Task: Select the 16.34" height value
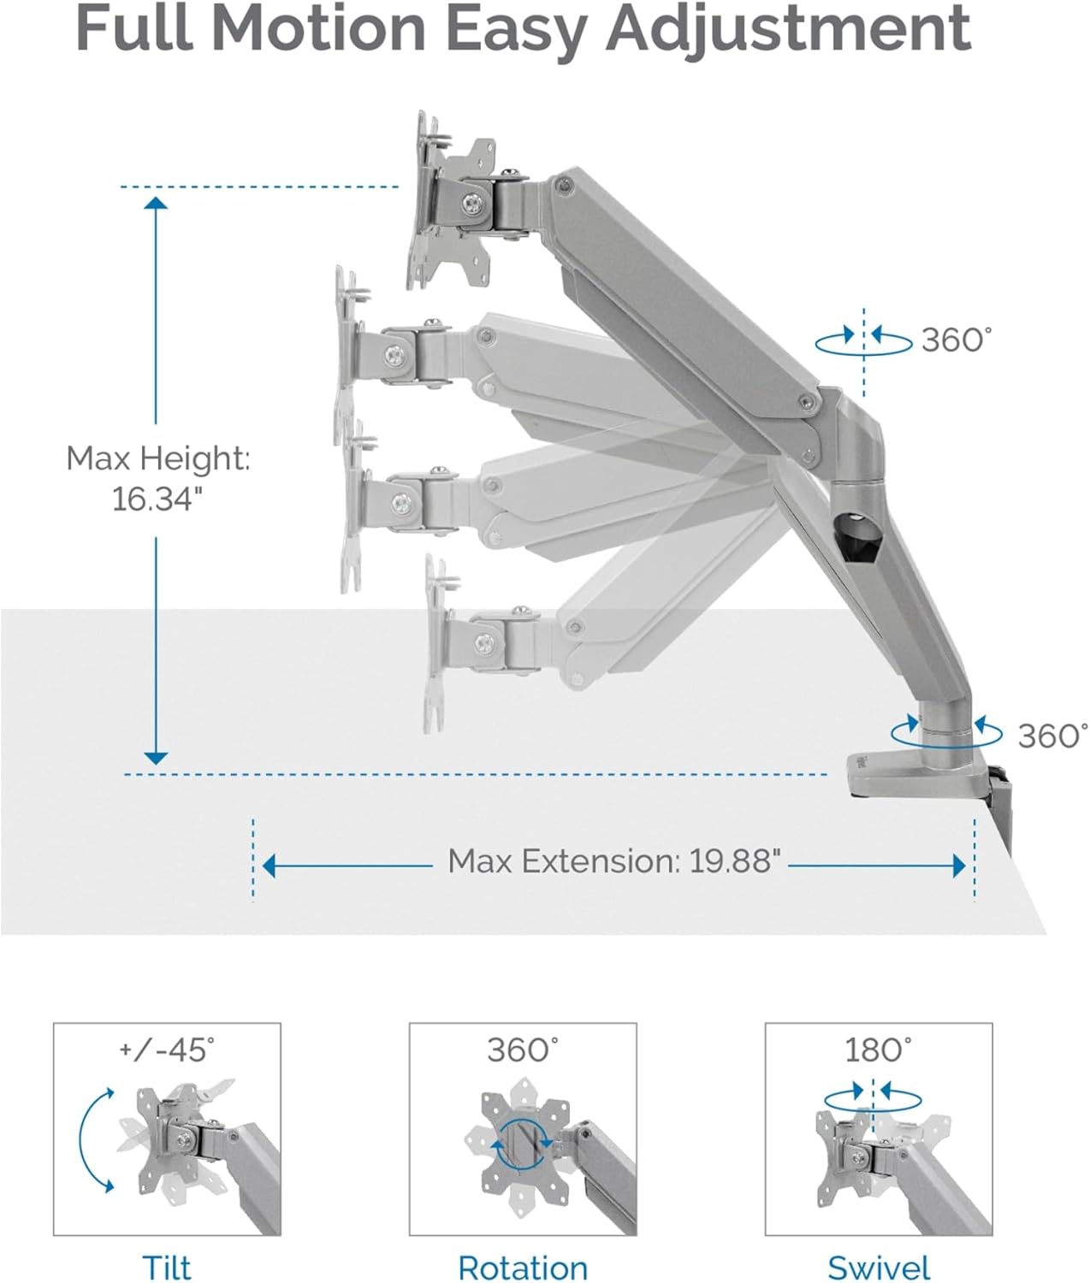tap(157, 499)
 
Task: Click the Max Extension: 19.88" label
tap(614, 861)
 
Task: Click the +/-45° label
tap(167, 1049)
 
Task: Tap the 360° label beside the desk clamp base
tap(1052, 736)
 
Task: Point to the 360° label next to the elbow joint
tap(957, 340)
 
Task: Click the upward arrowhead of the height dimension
tap(156, 203)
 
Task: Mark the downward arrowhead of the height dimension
tap(156, 758)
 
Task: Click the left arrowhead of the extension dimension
tap(269, 866)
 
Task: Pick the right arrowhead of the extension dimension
tap(959, 866)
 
